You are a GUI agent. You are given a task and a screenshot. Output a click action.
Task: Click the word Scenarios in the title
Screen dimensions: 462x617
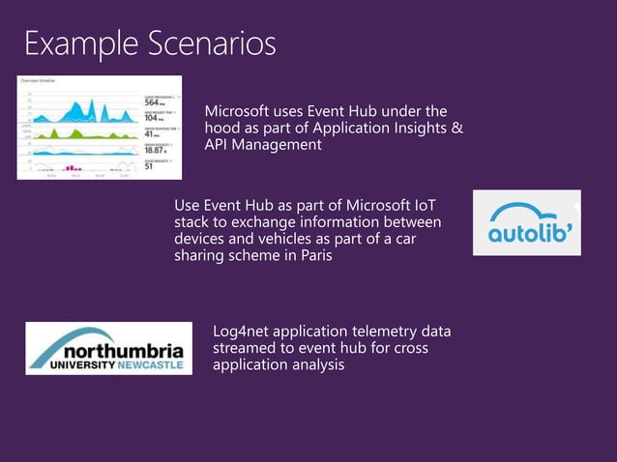click(x=211, y=43)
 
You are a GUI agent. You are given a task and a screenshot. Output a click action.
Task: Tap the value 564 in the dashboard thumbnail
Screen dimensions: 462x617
click(x=153, y=102)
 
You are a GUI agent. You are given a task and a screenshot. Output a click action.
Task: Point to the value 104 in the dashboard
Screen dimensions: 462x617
click(x=152, y=118)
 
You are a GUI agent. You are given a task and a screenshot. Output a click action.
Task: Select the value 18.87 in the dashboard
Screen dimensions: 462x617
click(x=155, y=150)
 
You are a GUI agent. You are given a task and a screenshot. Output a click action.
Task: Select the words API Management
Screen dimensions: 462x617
click(x=262, y=145)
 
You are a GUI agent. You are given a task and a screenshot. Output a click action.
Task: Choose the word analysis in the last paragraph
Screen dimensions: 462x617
click(x=315, y=366)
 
